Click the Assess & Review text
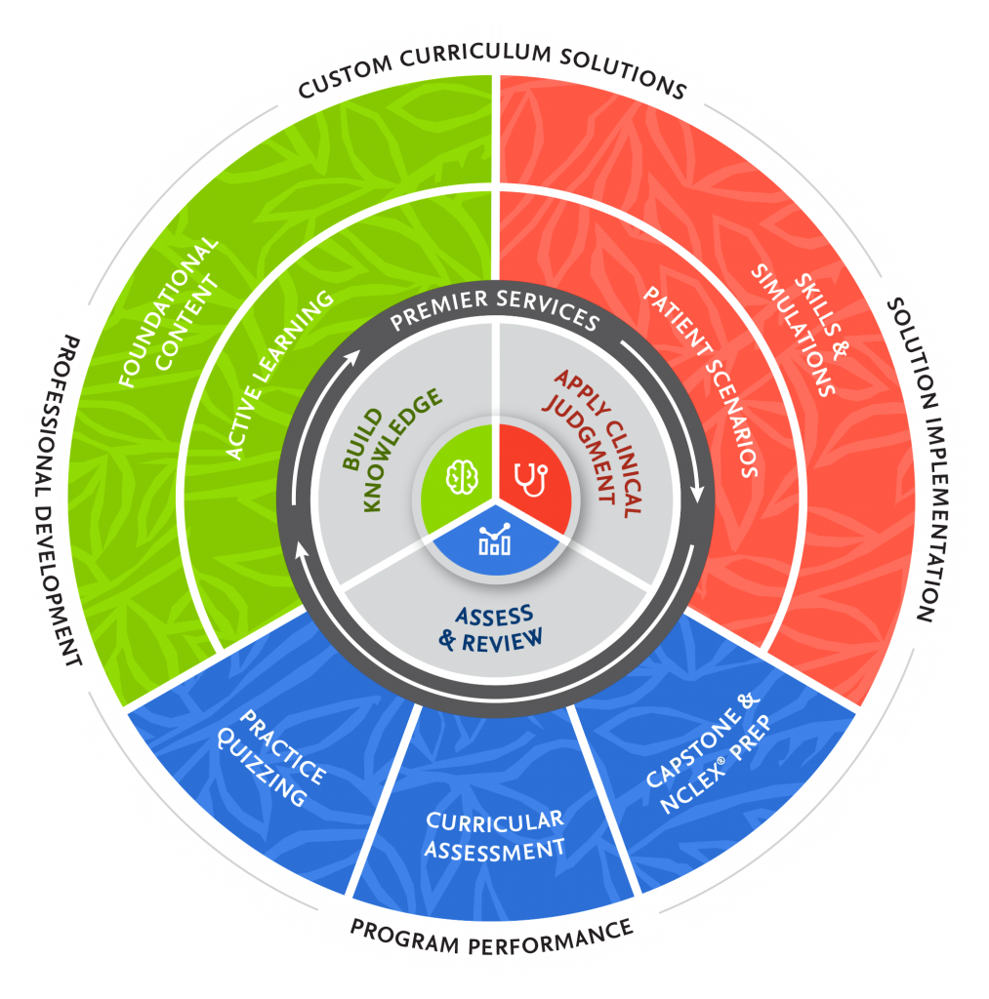[x=494, y=627]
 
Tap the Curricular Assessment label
[x=495, y=835]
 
